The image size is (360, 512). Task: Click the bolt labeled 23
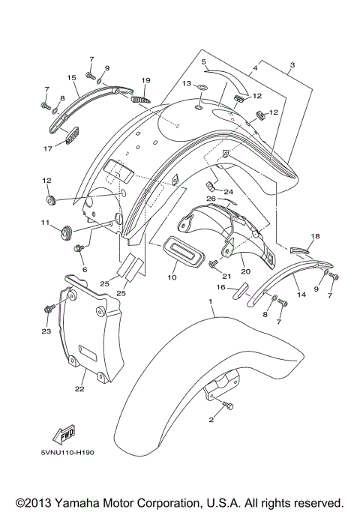pyautogui.click(x=49, y=307)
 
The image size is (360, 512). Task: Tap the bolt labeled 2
pyautogui.click(x=228, y=406)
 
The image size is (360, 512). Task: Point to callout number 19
pyautogui.click(x=145, y=80)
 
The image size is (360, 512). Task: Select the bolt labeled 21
pyautogui.click(x=215, y=264)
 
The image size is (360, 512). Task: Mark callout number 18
pyautogui.click(x=315, y=237)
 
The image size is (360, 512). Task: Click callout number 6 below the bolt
pyautogui.click(x=84, y=269)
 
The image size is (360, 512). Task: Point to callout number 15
pyautogui.click(x=73, y=77)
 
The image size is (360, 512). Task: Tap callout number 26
pyautogui.click(x=211, y=199)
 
